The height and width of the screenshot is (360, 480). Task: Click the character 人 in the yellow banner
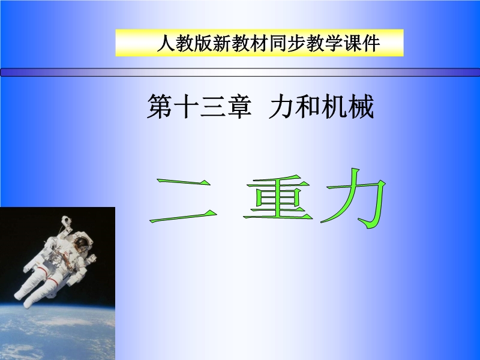166,43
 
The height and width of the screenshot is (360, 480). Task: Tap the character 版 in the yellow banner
203,43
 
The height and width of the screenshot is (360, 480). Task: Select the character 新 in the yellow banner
222,43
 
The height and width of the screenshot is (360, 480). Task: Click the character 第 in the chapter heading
159,106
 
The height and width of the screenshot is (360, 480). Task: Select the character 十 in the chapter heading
186,106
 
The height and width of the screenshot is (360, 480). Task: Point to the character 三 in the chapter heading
212,106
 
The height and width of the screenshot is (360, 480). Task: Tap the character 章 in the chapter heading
239,106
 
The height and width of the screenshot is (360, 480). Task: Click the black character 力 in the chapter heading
281,106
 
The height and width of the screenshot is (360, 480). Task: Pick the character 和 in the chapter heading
307,106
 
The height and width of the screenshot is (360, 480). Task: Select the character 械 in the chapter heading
361,106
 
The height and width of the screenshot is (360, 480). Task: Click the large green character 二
183,200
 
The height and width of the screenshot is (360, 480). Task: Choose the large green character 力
353,197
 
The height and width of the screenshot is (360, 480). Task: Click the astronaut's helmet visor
81,243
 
